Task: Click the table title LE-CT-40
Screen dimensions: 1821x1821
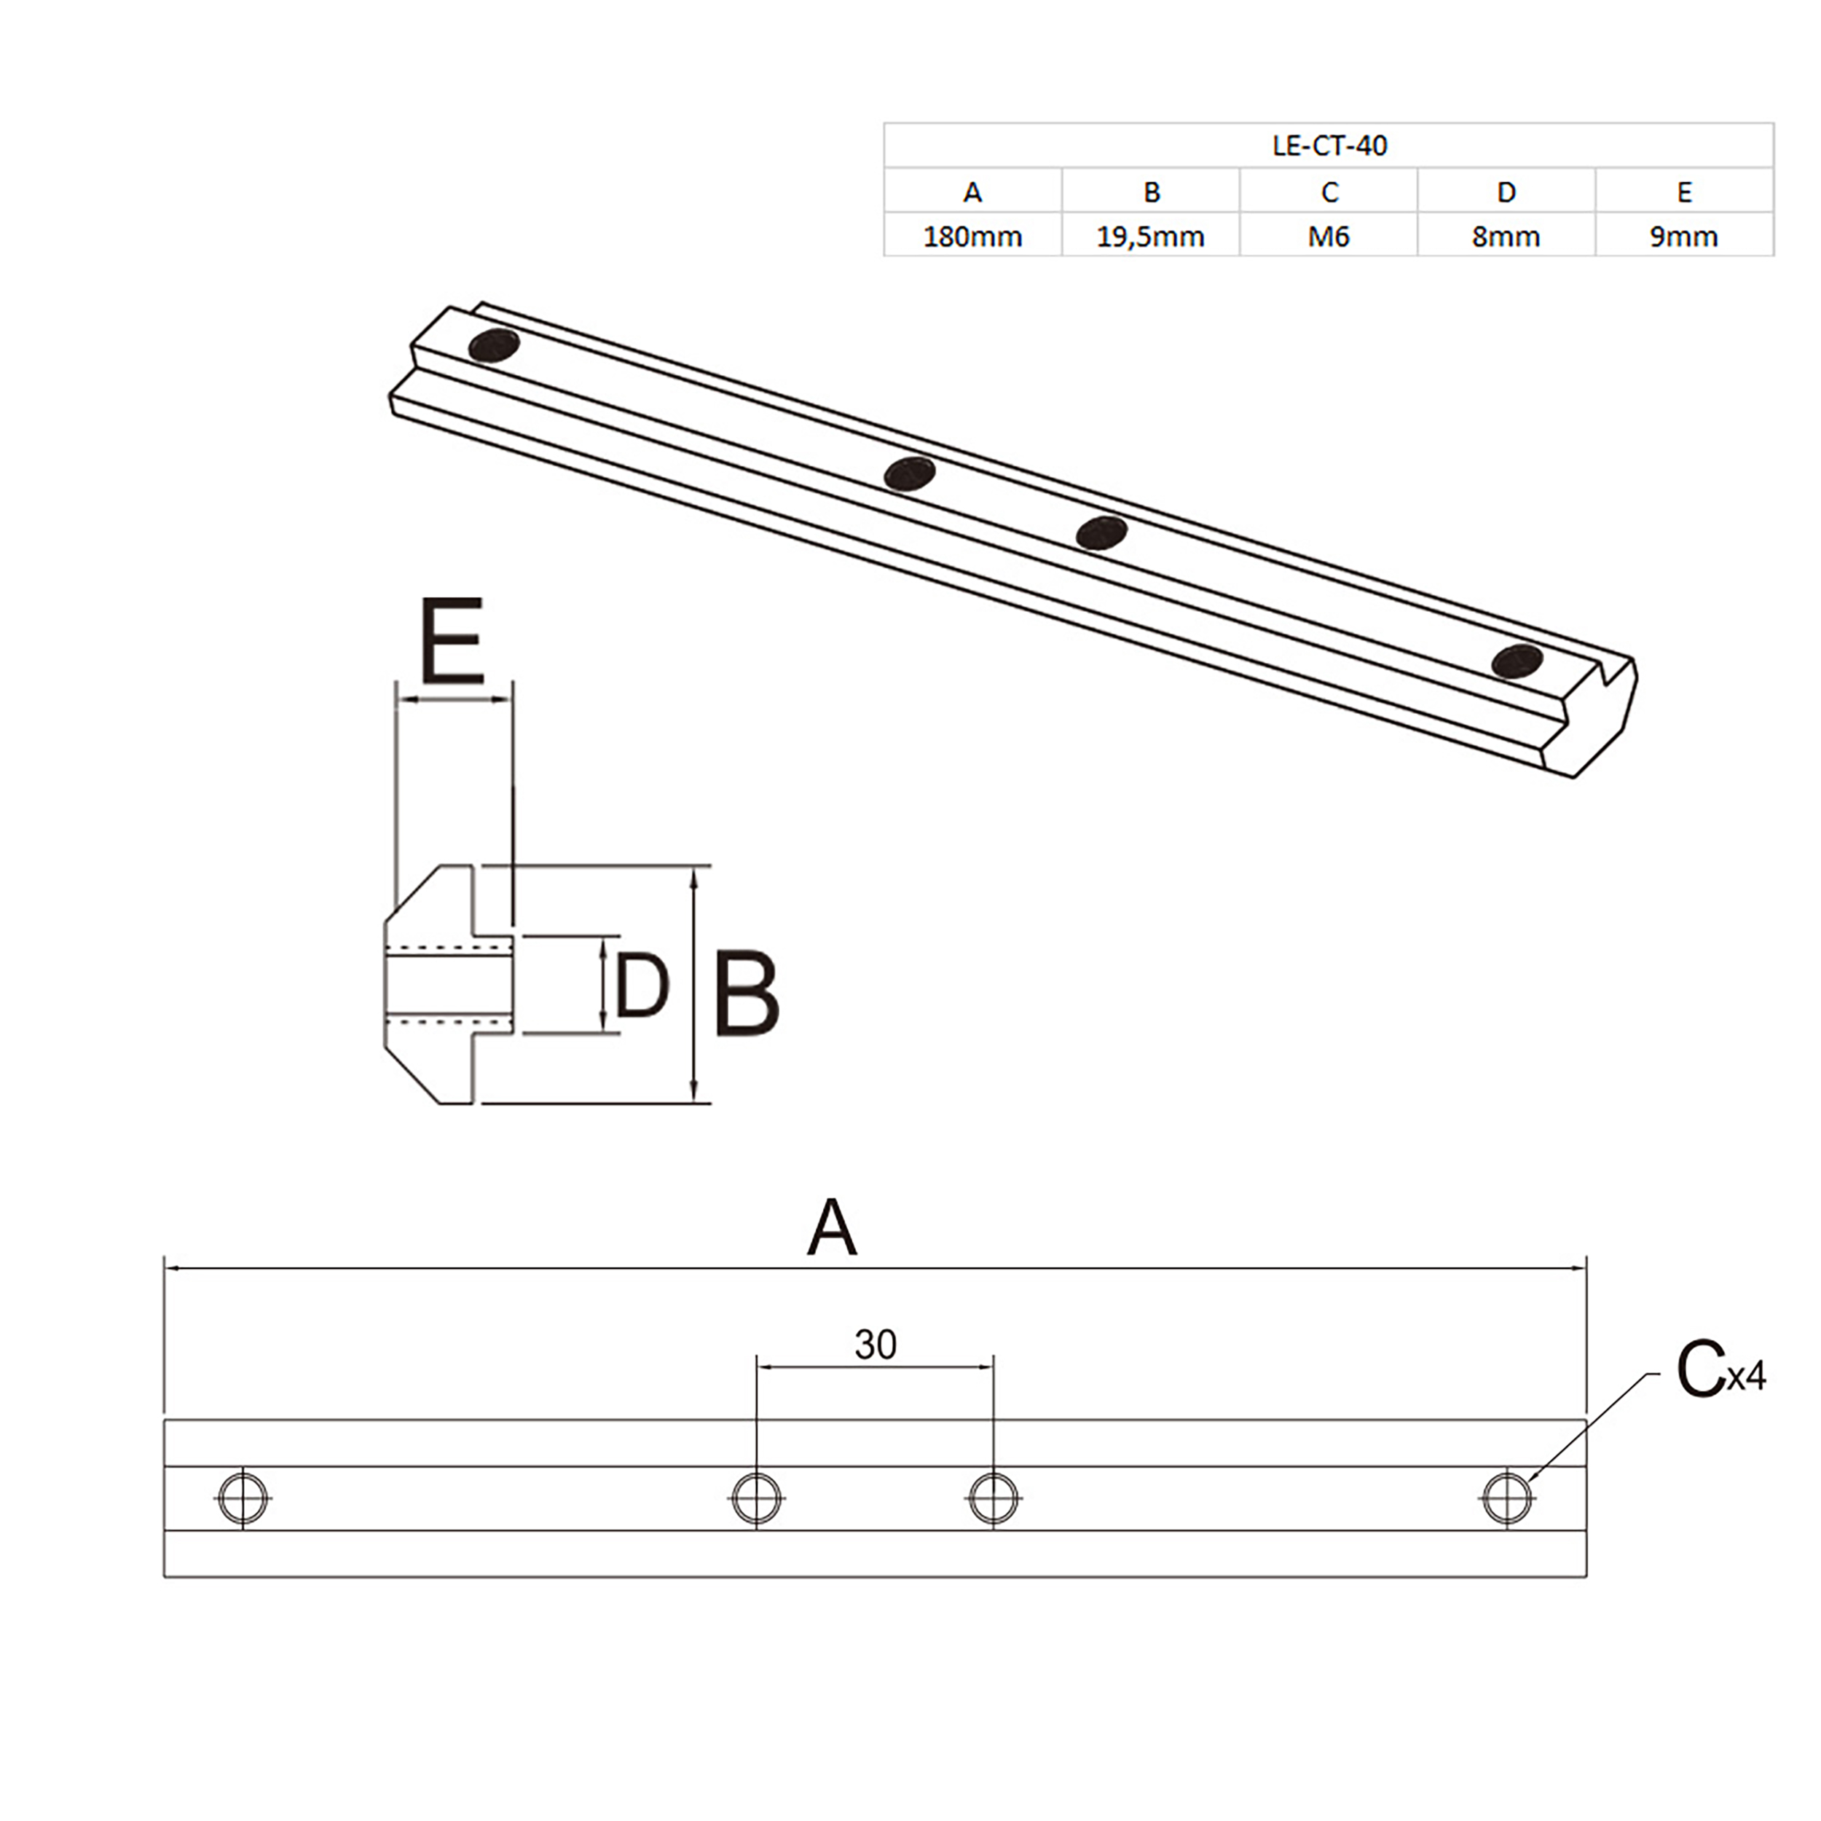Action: [1329, 146]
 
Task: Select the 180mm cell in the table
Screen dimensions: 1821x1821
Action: [972, 237]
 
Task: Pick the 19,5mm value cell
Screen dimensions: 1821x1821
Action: [1150, 237]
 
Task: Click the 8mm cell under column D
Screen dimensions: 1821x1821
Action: [1506, 237]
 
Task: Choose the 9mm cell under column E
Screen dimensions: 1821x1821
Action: [1683, 237]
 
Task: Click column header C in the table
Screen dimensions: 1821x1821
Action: [1329, 192]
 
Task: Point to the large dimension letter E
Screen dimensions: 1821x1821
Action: [452, 641]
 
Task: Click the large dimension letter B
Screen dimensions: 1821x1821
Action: [746, 995]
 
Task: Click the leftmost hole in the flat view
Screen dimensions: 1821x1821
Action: [243, 1498]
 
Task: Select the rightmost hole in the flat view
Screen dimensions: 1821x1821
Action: [1507, 1498]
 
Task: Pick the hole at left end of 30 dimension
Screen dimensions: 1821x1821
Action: [756, 1498]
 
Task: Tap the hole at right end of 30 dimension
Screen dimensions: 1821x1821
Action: [994, 1498]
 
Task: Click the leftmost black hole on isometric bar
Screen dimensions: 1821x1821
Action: [494, 346]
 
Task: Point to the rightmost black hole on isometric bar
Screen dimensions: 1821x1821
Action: [1517, 661]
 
